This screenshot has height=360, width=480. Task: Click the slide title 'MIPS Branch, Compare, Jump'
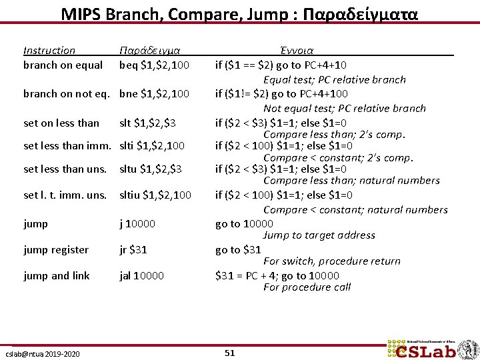239,14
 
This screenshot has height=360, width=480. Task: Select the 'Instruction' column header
49,51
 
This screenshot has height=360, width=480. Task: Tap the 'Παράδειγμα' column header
150,51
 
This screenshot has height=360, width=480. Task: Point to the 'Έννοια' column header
297,51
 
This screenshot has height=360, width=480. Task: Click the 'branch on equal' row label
63,65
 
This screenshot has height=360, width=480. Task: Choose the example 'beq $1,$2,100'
154,65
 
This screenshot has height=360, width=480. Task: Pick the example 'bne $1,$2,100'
154,94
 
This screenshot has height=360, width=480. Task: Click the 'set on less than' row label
61,123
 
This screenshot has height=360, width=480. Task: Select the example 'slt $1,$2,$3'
147,123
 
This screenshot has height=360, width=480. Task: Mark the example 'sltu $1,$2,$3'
150,169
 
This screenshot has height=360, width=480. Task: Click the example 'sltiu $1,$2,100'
155,195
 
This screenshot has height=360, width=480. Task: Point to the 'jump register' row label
56,250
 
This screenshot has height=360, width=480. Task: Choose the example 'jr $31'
133,250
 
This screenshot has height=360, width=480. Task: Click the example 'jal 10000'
141,276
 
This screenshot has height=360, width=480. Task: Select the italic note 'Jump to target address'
319,235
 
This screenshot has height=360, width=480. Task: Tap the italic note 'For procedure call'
307,287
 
